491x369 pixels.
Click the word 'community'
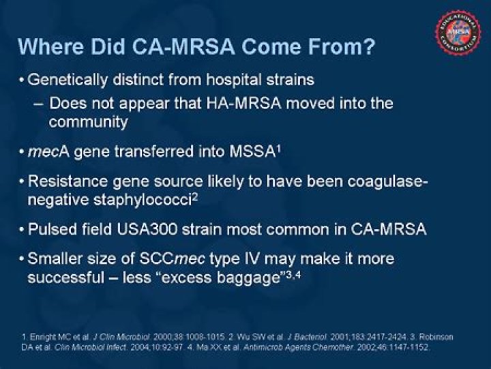point(88,123)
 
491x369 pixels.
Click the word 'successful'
point(68,278)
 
